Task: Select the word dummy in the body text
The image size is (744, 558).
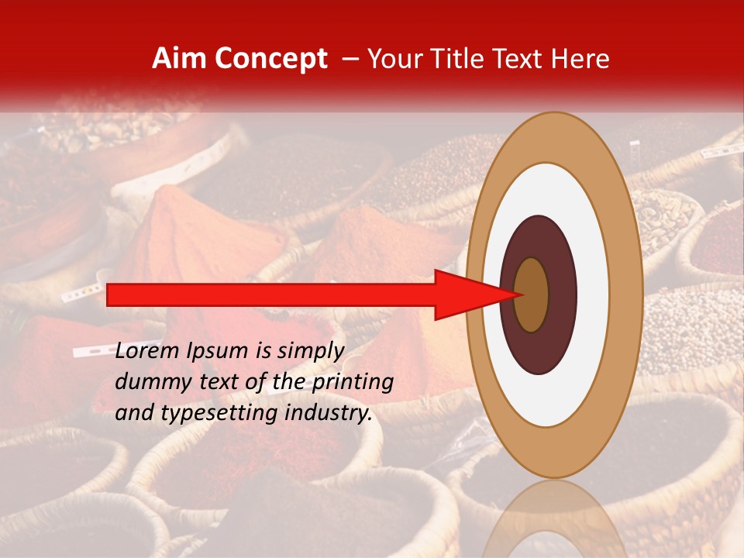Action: pos(148,382)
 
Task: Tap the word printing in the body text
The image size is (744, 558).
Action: pos(351,382)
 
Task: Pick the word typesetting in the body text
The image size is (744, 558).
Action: pos(205,413)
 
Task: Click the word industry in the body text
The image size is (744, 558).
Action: pos(325,413)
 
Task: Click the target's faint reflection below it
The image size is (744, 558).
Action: pos(554,519)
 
